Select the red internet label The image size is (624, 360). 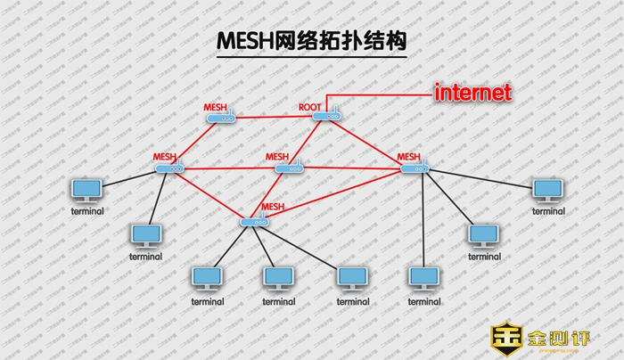(472, 93)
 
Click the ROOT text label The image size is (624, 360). (309, 107)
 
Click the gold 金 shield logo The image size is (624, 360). (506, 340)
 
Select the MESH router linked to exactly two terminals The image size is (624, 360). (169, 168)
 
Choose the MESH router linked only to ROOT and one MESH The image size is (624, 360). (220, 117)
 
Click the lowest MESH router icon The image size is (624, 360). (255, 221)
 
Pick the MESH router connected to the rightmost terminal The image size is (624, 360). (413, 168)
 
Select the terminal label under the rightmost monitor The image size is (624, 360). (548, 211)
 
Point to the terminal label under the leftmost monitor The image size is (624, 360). (87, 211)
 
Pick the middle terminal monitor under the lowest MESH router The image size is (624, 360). (278, 278)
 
